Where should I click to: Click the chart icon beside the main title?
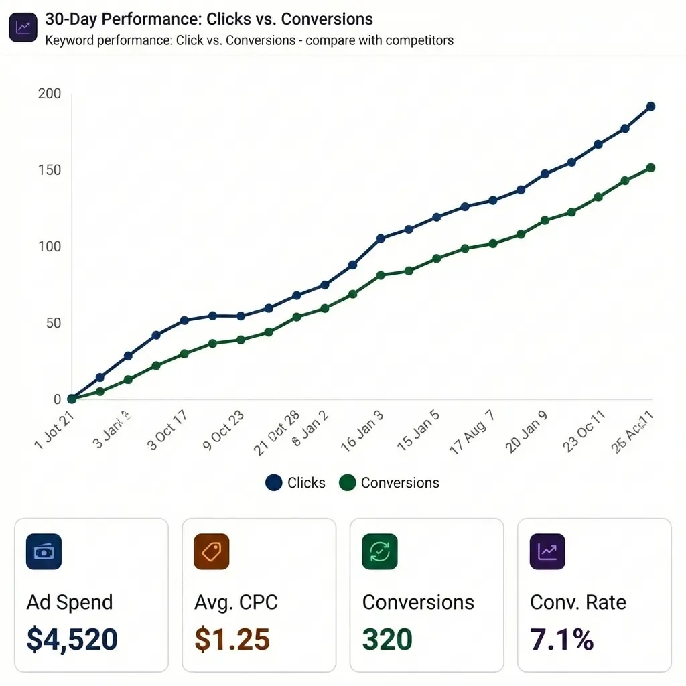[23, 28]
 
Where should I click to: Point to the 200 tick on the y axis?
[50, 94]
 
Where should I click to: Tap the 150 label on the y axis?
[50, 170]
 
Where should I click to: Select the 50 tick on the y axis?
[53, 323]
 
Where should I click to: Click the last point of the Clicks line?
[650, 107]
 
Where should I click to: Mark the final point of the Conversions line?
[650, 168]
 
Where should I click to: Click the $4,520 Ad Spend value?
[72, 640]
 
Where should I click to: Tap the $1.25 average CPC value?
[232, 640]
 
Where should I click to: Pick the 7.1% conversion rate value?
[561, 640]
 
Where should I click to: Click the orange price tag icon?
[211, 551]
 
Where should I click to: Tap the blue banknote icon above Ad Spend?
[44, 551]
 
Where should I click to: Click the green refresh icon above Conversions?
[379, 551]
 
